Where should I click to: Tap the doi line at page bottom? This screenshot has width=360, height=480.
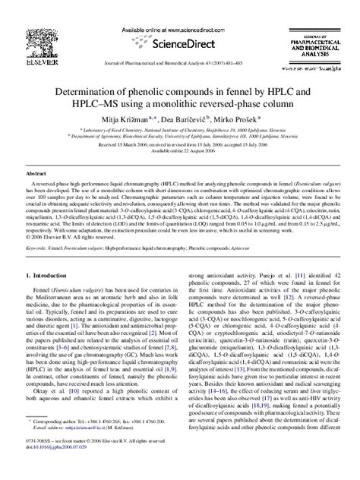tap(65, 466)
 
